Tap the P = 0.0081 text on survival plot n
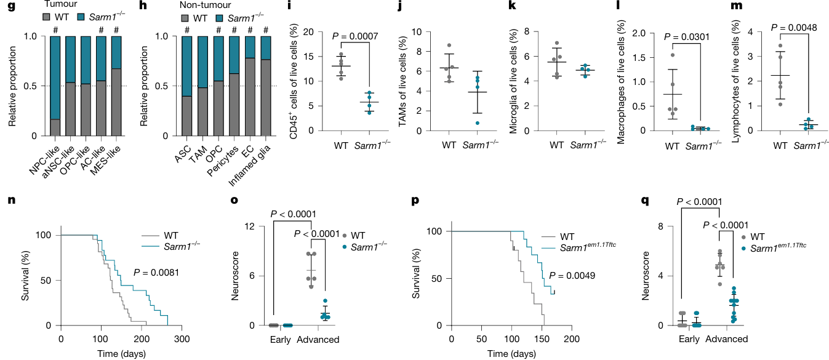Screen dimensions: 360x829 point(156,272)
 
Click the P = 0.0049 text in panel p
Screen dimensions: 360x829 point(572,275)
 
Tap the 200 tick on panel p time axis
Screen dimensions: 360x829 point(572,339)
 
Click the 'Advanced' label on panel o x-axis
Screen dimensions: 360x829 point(318,339)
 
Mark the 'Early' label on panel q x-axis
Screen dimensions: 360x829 point(689,339)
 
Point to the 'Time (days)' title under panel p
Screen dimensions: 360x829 point(511,354)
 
